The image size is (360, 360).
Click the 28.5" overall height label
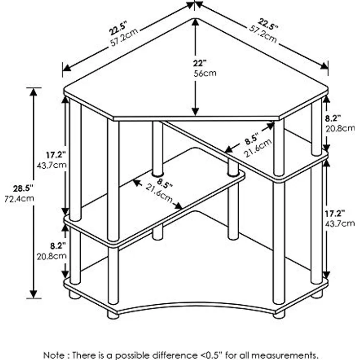23,189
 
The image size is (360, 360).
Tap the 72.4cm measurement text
19,199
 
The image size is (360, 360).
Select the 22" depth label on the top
200,63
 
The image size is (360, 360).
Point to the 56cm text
205,73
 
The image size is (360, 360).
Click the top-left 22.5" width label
118,28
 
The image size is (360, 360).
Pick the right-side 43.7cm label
340,224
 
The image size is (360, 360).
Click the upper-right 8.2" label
333,118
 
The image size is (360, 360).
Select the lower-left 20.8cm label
52,256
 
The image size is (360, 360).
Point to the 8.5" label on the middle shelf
165,183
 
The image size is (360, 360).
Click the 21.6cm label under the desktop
258,148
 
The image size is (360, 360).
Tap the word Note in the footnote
54,355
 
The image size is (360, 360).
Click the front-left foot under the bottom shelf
113,315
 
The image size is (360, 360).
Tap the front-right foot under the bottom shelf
279,314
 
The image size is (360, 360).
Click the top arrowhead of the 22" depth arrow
195,22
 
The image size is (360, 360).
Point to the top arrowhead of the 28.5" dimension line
34,92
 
